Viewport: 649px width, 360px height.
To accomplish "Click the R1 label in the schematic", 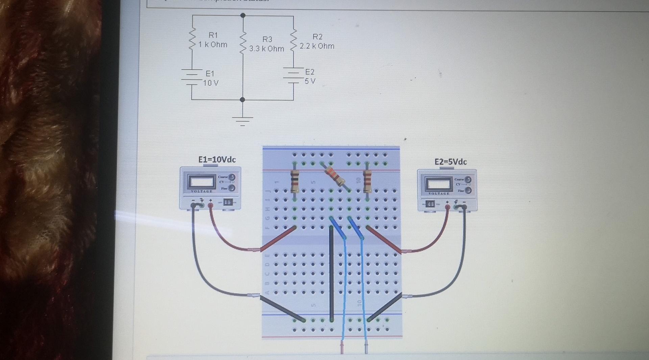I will pyautogui.click(x=213, y=35).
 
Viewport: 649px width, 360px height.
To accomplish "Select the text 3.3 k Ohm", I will pyautogui.click(x=267, y=49).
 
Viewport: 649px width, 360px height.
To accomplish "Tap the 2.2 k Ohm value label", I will pyautogui.click(x=317, y=46).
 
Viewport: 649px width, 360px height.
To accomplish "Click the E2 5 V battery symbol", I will pyautogui.click(x=293, y=75).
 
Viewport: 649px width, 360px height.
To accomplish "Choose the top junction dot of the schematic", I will pyautogui.click(x=243, y=15).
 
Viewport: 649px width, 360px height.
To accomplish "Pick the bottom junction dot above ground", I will pyautogui.click(x=242, y=99).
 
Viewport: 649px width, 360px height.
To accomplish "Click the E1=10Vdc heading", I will pyautogui.click(x=217, y=160).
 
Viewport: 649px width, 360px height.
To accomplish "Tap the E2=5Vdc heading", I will pyautogui.click(x=451, y=162).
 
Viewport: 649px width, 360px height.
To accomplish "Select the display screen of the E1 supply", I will pyautogui.click(x=201, y=182).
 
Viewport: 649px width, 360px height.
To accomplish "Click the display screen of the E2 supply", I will pyautogui.click(x=438, y=184).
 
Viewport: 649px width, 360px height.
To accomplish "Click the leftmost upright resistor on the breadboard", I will pyautogui.click(x=295, y=181).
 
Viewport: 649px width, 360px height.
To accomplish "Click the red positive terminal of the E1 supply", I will pyautogui.click(x=211, y=205).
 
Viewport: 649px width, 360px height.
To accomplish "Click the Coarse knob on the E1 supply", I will pyautogui.click(x=232, y=177).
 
